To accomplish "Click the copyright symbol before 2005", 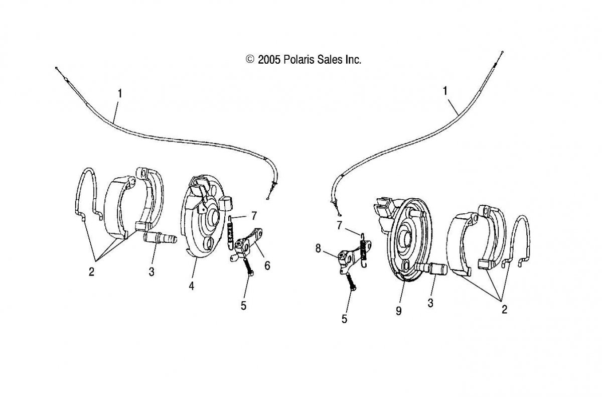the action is click(x=250, y=59).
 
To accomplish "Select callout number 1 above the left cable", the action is click(x=120, y=93).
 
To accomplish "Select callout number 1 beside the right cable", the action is click(x=445, y=91).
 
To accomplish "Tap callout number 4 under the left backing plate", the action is click(x=191, y=286).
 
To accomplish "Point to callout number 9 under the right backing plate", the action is click(x=399, y=311).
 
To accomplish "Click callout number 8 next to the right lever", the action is click(x=318, y=248).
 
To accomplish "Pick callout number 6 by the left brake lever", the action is click(x=267, y=266).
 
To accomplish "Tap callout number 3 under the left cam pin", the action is click(x=152, y=272).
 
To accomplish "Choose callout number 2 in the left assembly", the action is click(x=92, y=272).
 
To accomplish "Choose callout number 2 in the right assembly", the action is click(x=505, y=310).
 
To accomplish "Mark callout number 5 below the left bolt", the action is click(x=243, y=306).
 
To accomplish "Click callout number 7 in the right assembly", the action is click(x=340, y=225).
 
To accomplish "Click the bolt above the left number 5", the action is click(x=249, y=267).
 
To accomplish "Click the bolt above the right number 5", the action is click(x=352, y=282).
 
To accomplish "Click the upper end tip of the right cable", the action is click(x=502, y=52).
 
